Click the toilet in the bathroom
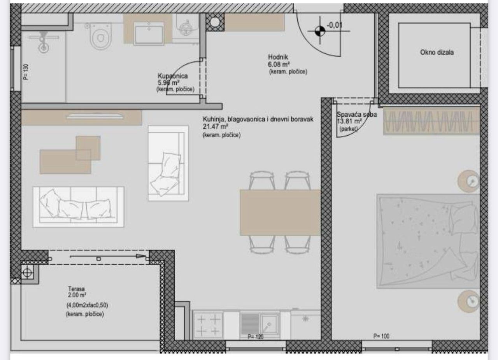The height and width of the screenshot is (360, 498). [101, 36]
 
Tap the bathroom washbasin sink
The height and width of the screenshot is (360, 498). [149, 33]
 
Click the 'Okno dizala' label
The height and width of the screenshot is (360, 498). [437, 52]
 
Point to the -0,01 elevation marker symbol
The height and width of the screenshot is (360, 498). [319, 31]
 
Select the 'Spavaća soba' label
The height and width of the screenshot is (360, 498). [356, 115]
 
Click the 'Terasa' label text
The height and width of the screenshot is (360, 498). [75, 289]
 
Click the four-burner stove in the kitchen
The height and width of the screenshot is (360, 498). [208, 325]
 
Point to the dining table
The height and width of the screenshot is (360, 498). [280, 212]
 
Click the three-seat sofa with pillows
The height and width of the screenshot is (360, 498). [78, 206]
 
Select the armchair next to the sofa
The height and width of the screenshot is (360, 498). [168, 163]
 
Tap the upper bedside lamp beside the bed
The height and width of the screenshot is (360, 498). [468, 181]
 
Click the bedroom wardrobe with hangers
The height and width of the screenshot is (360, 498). [431, 121]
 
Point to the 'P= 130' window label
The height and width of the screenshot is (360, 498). [26, 72]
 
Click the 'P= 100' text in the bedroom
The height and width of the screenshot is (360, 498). [381, 336]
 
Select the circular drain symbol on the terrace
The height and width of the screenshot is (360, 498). [27, 273]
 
